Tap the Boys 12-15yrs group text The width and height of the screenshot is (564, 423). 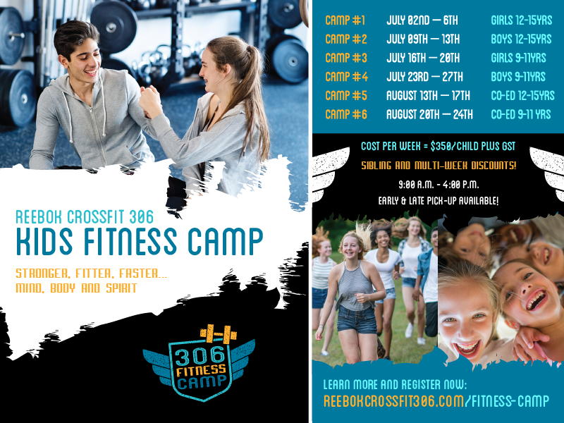tap(521, 39)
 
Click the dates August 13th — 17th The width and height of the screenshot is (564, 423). tap(429, 95)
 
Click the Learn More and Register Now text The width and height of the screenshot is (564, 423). tap(395, 385)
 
